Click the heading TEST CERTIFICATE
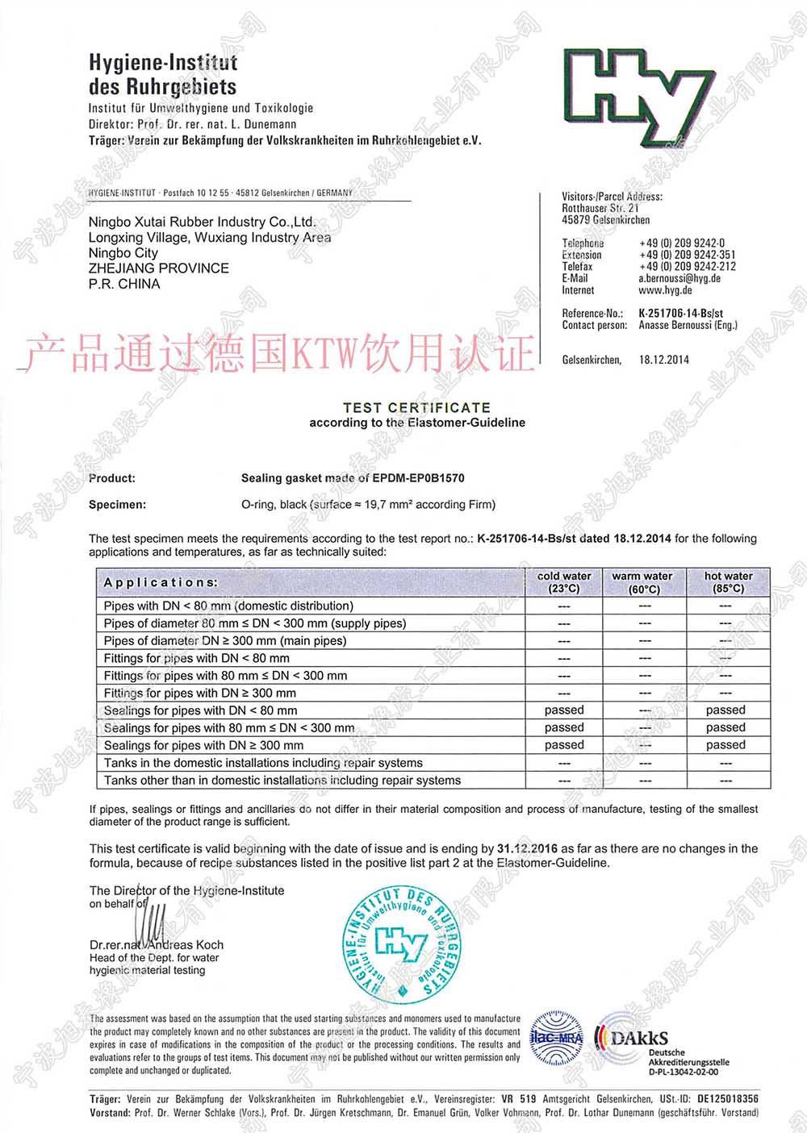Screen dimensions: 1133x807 [x=416, y=408]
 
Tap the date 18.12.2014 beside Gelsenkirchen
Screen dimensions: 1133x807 [x=664, y=360]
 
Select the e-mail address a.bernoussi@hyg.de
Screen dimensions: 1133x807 [x=679, y=278]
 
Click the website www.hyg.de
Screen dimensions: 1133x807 [x=665, y=290]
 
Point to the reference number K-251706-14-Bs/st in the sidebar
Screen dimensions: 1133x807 [x=680, y=313]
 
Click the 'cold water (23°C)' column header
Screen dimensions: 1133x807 [x=564, y=582]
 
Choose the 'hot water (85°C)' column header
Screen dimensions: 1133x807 [x=728, y=582]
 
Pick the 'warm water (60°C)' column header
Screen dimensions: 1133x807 [x=642, y=582]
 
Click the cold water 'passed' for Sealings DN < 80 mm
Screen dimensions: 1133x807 [x=564, y=710]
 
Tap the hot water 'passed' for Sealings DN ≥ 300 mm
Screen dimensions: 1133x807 [x=725, y=745]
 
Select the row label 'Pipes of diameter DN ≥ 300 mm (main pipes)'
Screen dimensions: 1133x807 [x=225, y=641]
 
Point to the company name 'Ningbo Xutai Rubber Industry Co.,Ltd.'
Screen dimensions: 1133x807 [x=202, y=222]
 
